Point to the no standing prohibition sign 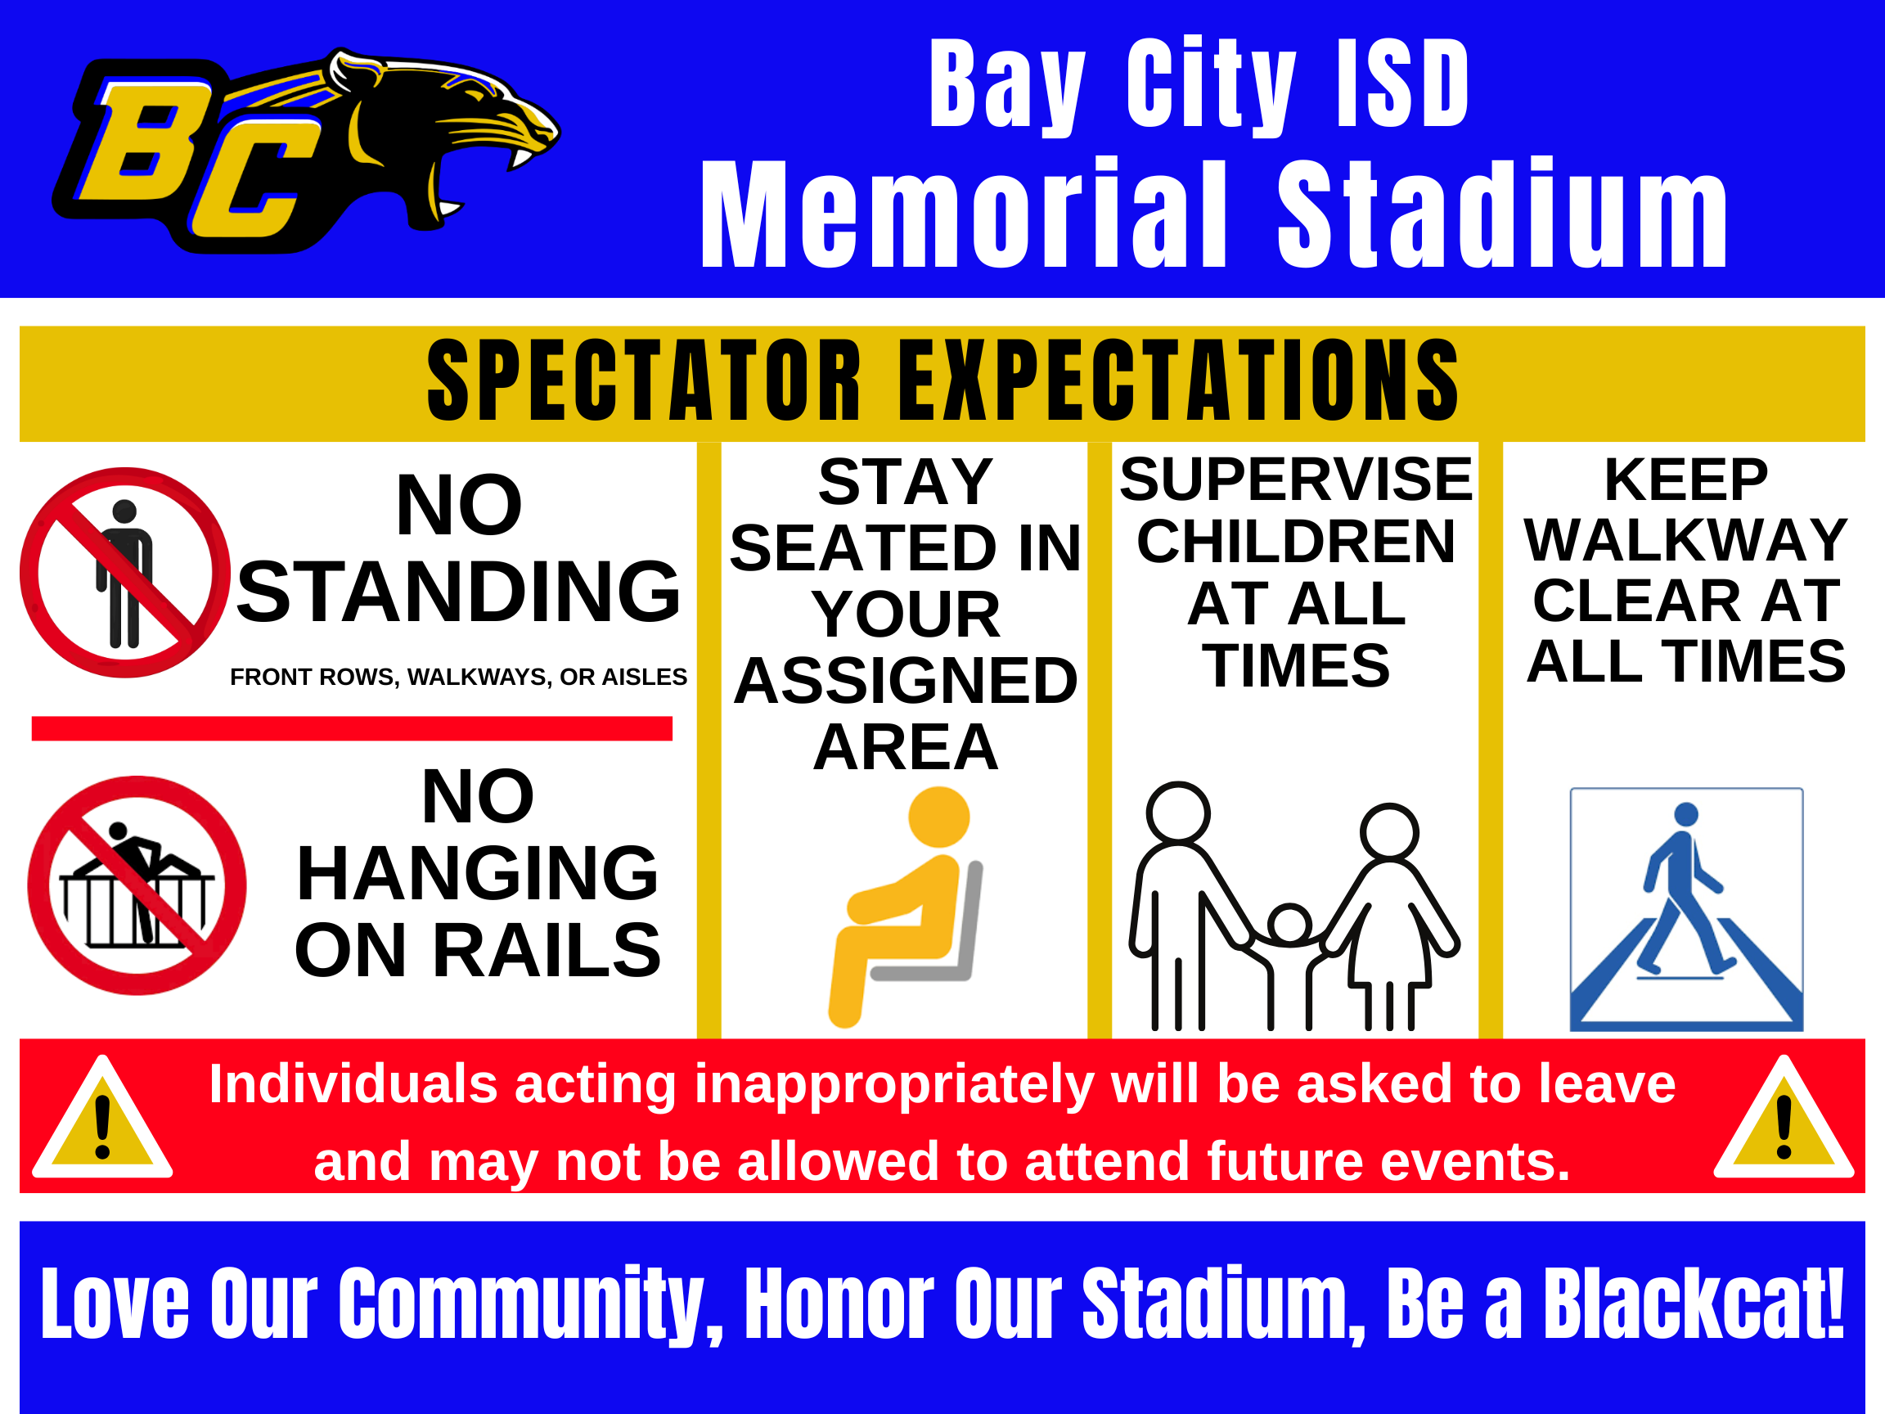pos(125,573)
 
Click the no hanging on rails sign pos(137,885)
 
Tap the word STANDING pos(458,591)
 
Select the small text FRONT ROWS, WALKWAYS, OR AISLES pos(458,677)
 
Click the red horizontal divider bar pos(352,729)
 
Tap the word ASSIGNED pos(906,680)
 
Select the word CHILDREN pos(1296,541)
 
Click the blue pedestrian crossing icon pos(1686,909)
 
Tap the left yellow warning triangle pos(102,1119)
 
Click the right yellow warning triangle pos(1784,1119)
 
